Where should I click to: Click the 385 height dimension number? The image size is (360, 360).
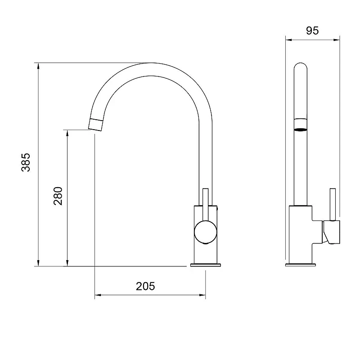[x=26, y=162]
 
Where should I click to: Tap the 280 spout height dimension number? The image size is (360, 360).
[x=58, y=196]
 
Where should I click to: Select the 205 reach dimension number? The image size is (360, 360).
[x=145, y=286]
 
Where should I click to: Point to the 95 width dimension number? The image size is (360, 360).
[x=312, y=31]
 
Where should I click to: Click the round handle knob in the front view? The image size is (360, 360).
[x=205, y=232]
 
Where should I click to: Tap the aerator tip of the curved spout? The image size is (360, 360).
[x=95, y=125]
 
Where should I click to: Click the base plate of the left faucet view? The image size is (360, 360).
[x=206, y=265]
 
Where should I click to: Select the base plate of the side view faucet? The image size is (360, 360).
[x=300, y=265]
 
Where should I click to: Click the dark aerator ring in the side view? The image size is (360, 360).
[x=301, y=130]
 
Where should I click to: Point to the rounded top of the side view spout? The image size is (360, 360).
[x=301, y=65]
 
